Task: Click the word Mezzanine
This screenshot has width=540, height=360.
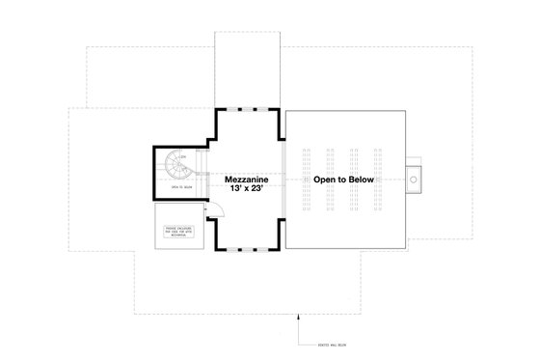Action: [x=247, y=180]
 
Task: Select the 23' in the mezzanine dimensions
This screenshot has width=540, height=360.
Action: [x=259, y=190]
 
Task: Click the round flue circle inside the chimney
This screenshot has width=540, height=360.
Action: [x=416, y=177]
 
